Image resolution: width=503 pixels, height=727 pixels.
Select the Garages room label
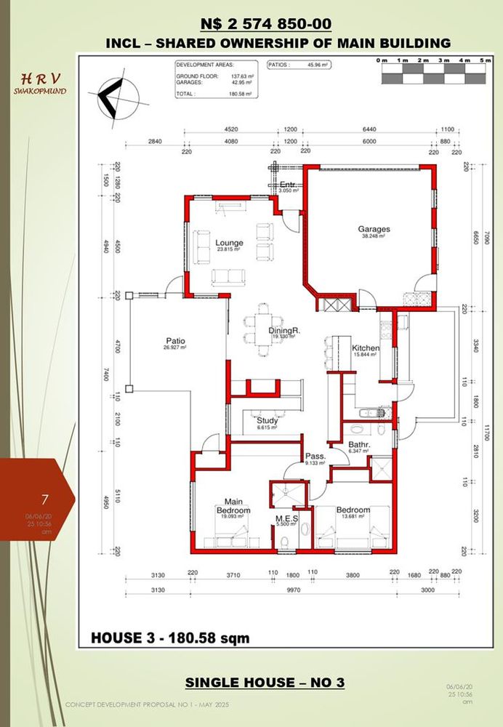(374, 229)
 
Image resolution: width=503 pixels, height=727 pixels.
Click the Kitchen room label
(366, 348)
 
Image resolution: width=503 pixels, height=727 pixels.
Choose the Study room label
(267, 420)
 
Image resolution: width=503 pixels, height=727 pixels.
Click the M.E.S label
(283, 519)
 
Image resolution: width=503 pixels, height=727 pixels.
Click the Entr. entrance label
(287, 185)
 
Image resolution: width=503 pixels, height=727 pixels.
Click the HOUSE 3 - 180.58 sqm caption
(170, 638)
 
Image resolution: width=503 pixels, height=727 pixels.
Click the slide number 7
(45, 499)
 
